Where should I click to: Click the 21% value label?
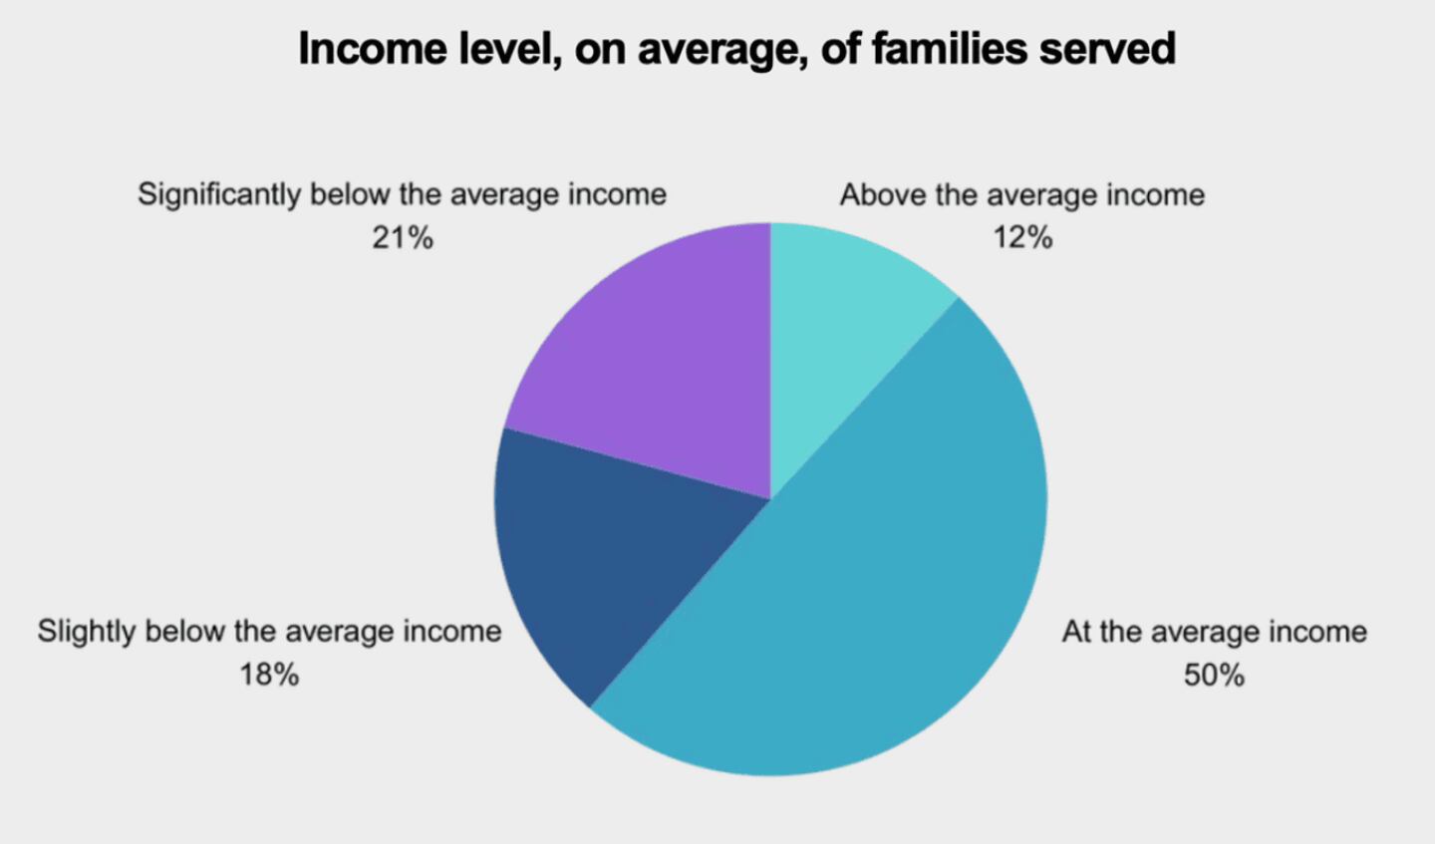pos(403,238)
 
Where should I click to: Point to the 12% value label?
pos(1021,237)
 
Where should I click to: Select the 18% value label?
pos(269,675)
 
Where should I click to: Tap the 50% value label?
pos(1214,675)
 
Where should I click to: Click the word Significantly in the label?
pos(219,194)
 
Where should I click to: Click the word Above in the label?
pos(883,194)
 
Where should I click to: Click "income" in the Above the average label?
pos(1155,194)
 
